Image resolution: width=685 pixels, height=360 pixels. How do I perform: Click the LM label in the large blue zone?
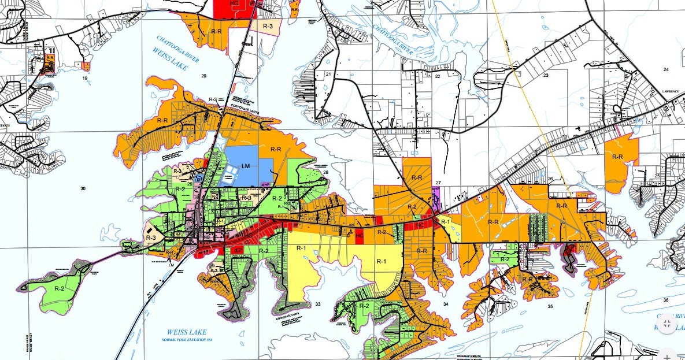[x=246, y=166]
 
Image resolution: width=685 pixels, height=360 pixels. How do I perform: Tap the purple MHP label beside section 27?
[x=435, y=189]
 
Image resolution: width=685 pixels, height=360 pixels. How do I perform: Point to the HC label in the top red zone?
[x=234, y=3]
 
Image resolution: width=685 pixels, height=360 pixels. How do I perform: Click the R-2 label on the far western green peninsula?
[x=59, y=287]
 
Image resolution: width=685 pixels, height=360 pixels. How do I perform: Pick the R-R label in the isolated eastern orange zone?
[x=617, y=157]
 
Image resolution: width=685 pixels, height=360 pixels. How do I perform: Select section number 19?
[x=85, y=77]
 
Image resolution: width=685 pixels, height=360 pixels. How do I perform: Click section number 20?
[x=203, y=76]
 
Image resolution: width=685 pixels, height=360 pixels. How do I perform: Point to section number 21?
[x=328, y=75]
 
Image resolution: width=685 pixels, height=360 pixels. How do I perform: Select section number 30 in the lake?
[x=83, y=189]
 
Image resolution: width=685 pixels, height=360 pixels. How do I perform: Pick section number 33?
[x=317, y=304]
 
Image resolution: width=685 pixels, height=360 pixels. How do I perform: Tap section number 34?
[x=446, y=303]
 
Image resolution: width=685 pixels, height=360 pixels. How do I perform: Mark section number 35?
[x=550, y=306]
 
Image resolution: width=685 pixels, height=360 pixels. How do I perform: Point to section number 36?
[x=666, y=300]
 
